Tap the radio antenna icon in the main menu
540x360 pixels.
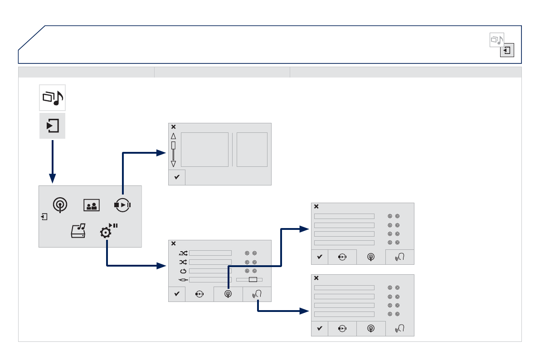pos(59,205)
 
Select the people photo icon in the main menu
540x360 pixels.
pos(91,205)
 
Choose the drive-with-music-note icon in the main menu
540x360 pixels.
pos(78,232)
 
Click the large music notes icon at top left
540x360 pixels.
pos(53,97)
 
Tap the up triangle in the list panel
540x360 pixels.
pos(173,136)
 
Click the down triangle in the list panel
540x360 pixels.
pos(173,164)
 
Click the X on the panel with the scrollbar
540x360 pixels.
pos(173,127)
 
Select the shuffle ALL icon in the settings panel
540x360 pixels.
pos(183,253)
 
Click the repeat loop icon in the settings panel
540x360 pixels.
pos(183,271)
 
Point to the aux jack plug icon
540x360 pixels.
pos(183,279)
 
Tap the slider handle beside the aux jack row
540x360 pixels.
pos(253,279)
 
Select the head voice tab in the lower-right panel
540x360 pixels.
pos(399,328)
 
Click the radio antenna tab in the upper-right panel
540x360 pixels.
pos(371,257)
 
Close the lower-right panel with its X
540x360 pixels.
pos(316,278)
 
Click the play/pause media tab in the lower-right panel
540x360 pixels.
pos(342,328)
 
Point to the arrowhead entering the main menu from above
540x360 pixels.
pos(53,180)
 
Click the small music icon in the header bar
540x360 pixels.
pos(496,40)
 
